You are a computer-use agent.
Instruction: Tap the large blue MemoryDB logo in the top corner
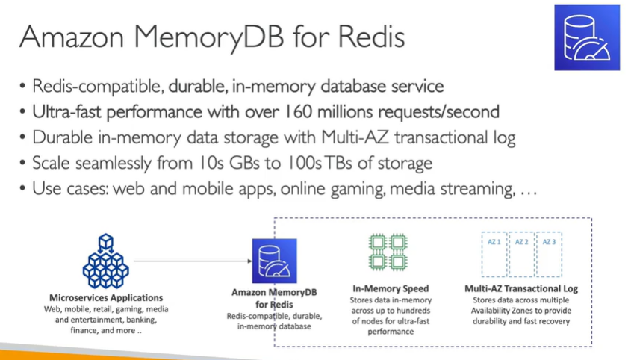(x=587, y=38)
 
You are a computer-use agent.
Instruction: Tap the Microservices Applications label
(x=106, y=297)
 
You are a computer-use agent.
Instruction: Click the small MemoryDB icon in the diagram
(x=273, y=261)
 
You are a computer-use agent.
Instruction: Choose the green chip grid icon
(x=388, y=252)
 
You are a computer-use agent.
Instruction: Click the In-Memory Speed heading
(x=391, y=288)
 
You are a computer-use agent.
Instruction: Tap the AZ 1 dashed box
(x=494, y=254)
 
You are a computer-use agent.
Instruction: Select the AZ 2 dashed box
(x=521, y=254)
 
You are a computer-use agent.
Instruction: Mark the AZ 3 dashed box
(x=549, y=254)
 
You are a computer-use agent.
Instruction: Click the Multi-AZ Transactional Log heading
(x=521, y=288)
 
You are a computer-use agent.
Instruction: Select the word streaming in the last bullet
(x=476, y=189)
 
